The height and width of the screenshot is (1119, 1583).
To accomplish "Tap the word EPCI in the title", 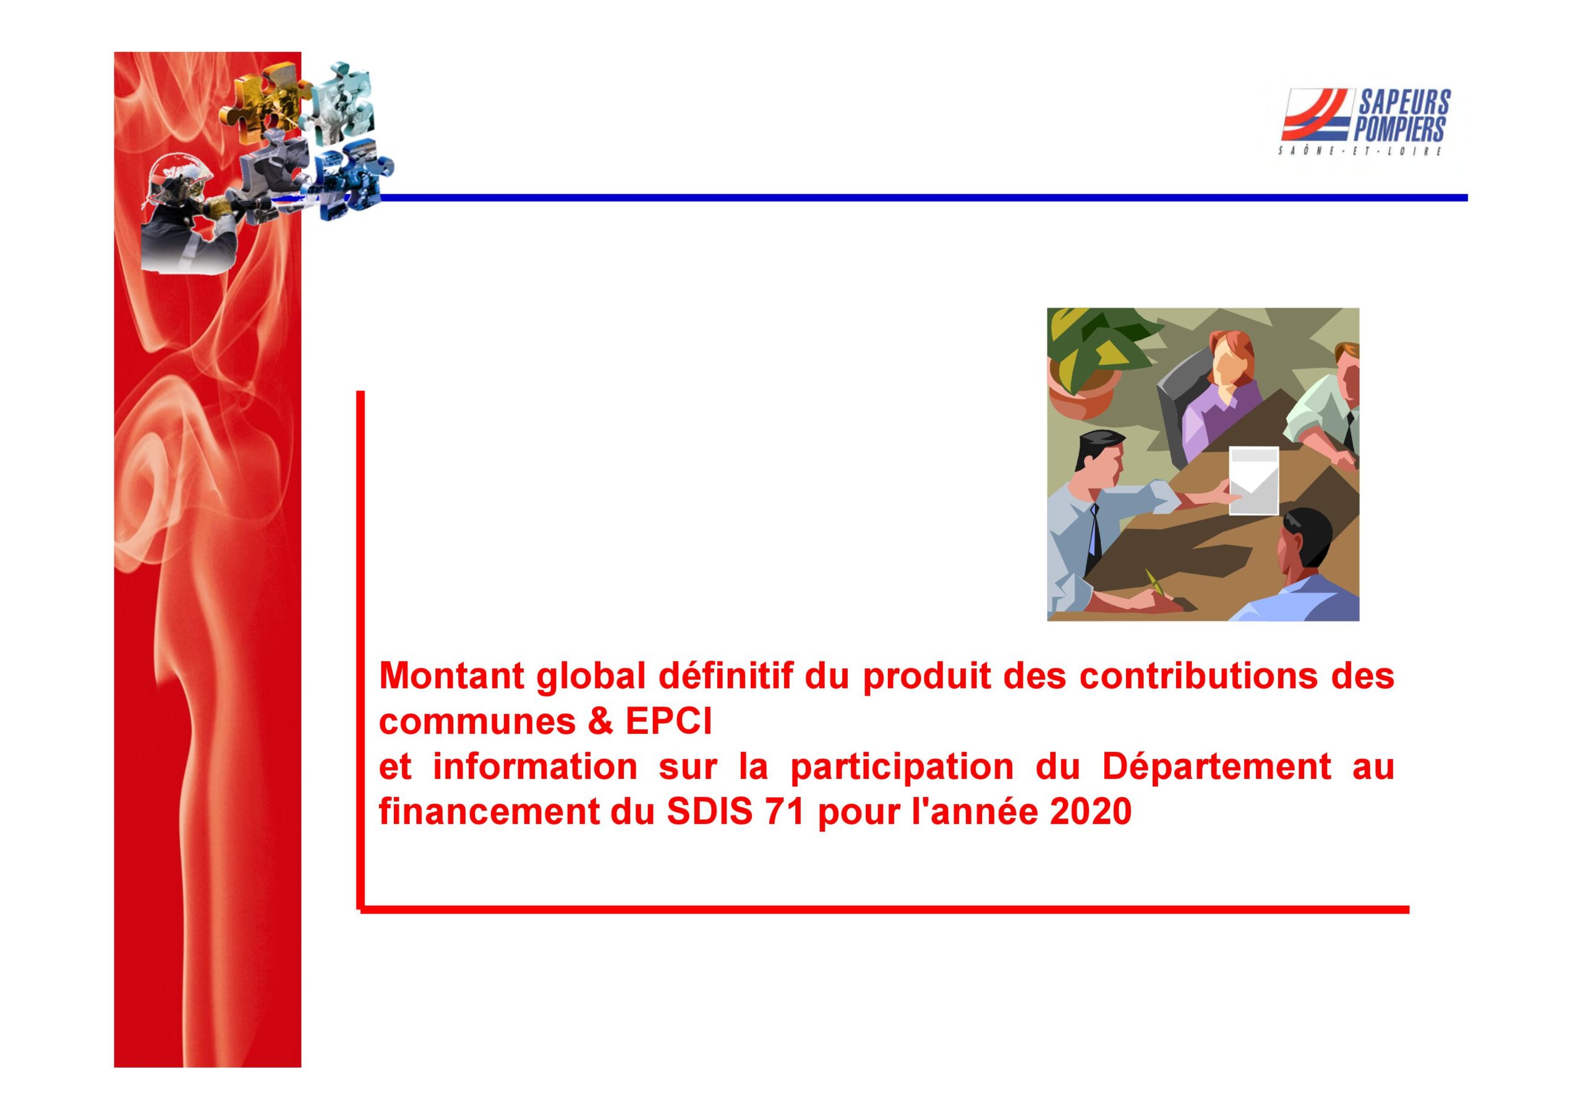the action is [669, 722].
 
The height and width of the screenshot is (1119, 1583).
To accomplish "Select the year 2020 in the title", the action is [1090, 812].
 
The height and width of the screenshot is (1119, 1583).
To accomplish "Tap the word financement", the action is [490, 812].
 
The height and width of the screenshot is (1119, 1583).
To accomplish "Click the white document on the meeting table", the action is [1253, 480].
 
